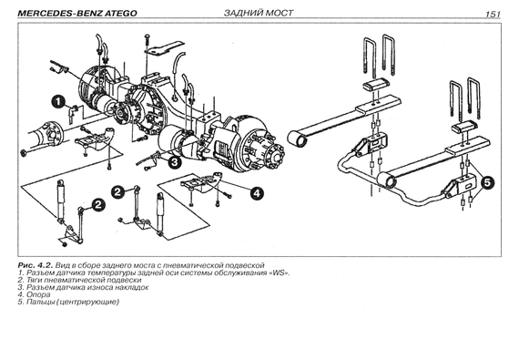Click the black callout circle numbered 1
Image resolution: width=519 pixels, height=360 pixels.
(x=58, y=101)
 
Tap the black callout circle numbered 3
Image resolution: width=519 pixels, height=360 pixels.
(x=175, y=162)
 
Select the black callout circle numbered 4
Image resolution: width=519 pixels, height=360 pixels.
(x=257, y=192)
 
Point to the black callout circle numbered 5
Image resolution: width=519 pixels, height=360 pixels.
(x=487, y=182)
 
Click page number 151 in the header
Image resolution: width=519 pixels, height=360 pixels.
(x=493, y=14)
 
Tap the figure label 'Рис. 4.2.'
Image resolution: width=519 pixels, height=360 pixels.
(x=36, y=265)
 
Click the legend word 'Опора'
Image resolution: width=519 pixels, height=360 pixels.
(x=38, y=294)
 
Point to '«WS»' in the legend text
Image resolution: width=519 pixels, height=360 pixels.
(x=280, y=273)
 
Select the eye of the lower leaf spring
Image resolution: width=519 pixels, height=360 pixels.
(x=387, y=181)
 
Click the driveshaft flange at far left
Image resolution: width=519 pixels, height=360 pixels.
(x=53, y=132)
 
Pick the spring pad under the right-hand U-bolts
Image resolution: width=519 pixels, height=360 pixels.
(x=464, y=128)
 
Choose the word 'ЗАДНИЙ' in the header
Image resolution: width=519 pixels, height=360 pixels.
(x=240, y=13)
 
